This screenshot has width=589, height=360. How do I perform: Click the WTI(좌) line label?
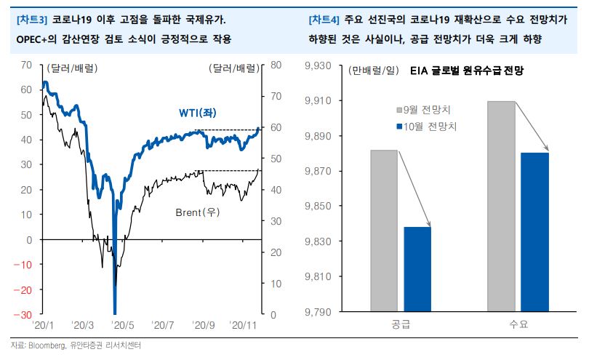[x=202, y=113]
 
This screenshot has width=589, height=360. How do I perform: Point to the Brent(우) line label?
[x=198, y=212]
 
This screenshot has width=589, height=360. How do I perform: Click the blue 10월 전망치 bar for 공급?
[x=417, y=269]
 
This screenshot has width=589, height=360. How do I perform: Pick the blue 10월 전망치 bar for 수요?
[x=534, y=232]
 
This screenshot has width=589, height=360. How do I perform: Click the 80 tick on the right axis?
[x=276, y=65]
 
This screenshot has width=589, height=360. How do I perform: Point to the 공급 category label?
[x=401, y=324]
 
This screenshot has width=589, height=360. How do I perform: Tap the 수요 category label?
[x=518, y=324]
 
